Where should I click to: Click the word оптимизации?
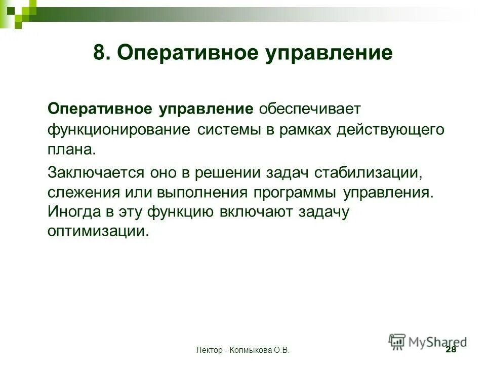[99, 232]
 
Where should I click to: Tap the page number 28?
[450, 350]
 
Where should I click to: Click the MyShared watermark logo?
[428, 342]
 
